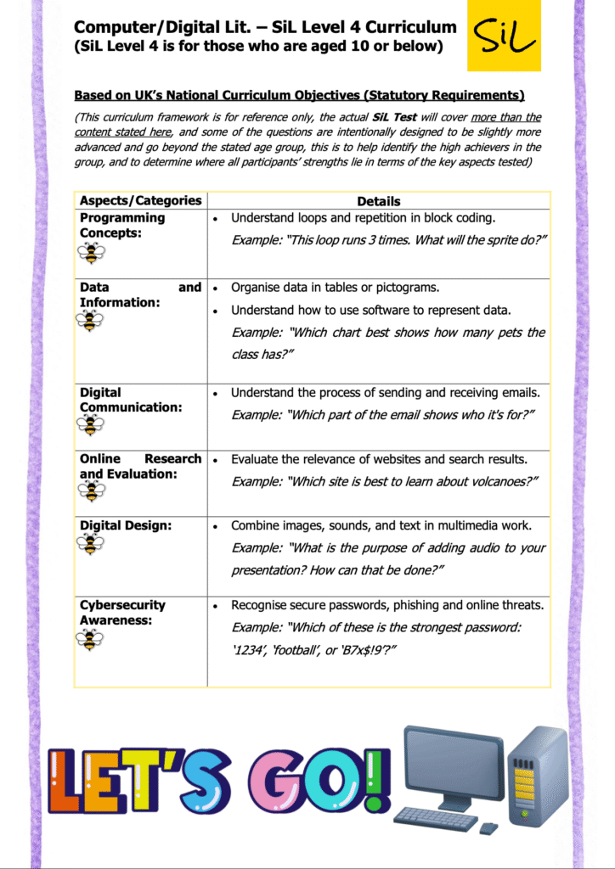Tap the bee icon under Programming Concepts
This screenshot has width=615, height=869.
click(90, 252)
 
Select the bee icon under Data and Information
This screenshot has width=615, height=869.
click(89, 320)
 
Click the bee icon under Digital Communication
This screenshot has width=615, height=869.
click(90, 424)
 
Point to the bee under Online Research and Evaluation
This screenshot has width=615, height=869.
click(90, 491)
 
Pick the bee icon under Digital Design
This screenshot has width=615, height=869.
click(90, 544)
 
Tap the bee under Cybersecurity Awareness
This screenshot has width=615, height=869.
click(90, 638)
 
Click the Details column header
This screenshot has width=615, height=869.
click(379, 201)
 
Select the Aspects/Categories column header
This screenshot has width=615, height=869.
click(140, 201)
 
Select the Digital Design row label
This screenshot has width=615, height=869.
click(126, 526)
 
